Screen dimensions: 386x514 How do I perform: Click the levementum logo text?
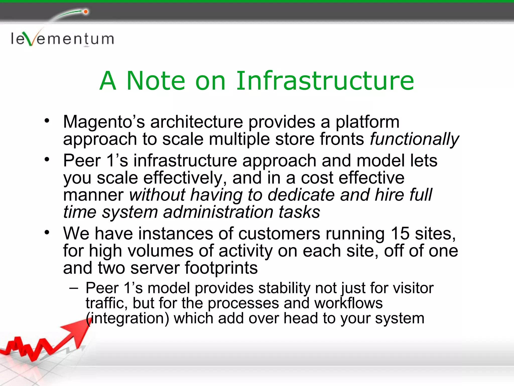[62, 39]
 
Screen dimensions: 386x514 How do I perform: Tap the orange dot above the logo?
[86, 12]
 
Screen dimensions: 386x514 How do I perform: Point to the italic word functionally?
[414, 139]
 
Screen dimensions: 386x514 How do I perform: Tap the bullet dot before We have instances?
[47, 232]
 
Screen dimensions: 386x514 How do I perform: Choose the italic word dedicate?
[301, 195]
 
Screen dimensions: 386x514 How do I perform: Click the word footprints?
[221, 268]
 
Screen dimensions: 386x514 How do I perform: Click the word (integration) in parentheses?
[127, 318]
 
